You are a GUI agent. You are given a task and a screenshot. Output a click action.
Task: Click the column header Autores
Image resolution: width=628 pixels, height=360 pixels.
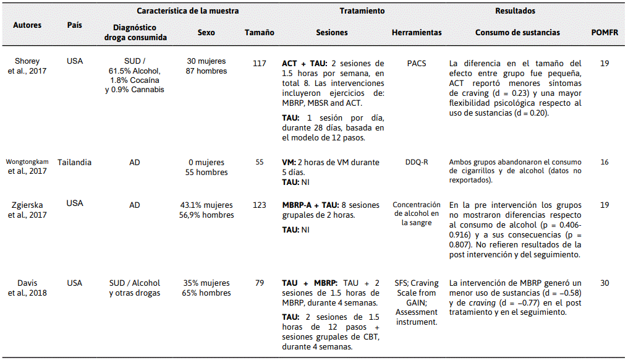[27, 25]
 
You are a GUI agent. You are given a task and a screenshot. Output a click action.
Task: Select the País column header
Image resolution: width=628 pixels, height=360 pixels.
[74, 25]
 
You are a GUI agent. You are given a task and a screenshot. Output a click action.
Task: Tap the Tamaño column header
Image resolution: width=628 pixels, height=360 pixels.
[260, 33]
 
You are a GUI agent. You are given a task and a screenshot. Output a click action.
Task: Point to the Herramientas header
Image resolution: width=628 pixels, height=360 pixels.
[417, 33]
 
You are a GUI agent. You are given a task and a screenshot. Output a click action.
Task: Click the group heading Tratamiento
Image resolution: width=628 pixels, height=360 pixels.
[362, 11]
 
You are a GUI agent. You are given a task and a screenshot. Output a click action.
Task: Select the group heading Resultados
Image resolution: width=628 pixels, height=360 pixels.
[515, 11]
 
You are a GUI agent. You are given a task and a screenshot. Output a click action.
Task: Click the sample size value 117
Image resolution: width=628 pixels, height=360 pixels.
[260, 62]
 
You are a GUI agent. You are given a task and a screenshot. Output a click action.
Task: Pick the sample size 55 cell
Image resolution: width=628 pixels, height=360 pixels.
[260, 162]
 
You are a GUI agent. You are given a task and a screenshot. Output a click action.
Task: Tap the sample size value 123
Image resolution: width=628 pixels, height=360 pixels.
[260, 205]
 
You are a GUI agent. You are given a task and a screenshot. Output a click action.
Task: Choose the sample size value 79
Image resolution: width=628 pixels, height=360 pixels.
[260, 283]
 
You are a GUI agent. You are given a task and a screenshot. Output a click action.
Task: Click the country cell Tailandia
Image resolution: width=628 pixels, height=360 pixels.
[74, 162]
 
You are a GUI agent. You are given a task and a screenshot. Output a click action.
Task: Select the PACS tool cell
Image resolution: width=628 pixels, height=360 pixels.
[417, 62]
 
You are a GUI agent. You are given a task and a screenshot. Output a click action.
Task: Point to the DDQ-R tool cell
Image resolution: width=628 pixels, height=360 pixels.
[417, 162]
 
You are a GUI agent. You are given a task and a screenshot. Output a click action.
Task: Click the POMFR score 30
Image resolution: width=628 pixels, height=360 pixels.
[605, 283]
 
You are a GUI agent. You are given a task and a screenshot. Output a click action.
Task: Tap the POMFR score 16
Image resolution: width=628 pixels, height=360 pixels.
[605, 162]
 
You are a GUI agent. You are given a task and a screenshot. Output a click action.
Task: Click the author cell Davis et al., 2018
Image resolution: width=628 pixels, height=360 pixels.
[27, 288]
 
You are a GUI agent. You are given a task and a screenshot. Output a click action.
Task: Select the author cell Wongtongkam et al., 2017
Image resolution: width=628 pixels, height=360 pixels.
[27, 167]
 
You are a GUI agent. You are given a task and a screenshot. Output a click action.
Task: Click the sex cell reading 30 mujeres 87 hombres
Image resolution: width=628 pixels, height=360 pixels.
[206, 66]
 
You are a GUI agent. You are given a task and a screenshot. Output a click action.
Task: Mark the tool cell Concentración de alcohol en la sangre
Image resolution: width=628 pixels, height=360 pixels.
[417, 213]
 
